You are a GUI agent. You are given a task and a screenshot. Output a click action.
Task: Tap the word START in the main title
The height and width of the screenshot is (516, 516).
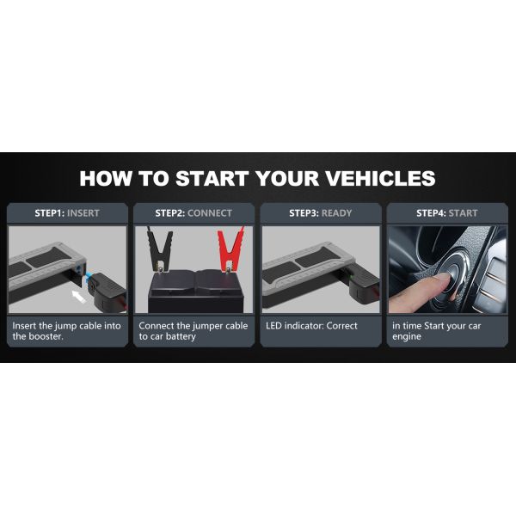212,178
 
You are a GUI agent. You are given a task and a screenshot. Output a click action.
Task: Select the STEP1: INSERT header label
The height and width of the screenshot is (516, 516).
67,213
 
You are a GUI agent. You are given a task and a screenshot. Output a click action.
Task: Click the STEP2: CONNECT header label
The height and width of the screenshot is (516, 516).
193,213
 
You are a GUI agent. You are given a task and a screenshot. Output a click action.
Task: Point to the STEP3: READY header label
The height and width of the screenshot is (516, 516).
321,213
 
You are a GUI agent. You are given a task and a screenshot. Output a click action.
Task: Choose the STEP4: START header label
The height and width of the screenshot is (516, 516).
447,213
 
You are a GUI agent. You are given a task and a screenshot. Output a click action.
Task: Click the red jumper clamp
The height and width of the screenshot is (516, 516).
231,249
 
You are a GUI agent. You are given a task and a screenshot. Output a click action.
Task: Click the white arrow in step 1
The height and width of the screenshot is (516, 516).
79,296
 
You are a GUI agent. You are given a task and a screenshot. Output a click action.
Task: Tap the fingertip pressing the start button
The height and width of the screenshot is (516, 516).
442,279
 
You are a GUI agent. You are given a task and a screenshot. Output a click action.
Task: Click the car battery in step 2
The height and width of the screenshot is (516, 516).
196,292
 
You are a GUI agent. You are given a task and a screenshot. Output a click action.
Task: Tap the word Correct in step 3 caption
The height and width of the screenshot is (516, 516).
342,326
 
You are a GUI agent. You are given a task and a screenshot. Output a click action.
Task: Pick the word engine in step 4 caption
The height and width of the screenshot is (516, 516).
407,337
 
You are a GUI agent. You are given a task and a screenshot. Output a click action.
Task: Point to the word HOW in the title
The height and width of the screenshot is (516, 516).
105,178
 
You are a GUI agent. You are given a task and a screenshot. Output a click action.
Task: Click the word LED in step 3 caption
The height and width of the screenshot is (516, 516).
273,326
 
